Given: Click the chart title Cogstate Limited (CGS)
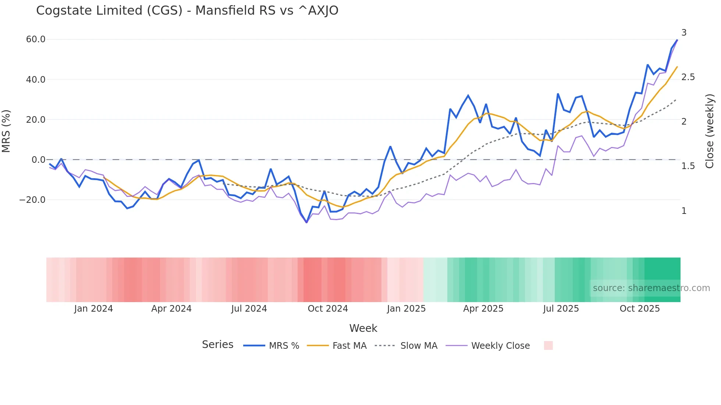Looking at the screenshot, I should tap(187, 11).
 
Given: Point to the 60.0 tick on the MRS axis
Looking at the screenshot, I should tap(36, 39).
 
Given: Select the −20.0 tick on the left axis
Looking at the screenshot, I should tap(33, 200).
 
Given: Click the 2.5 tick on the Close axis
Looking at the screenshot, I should tap(688, 77).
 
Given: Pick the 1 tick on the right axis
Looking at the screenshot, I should tap(684, 211).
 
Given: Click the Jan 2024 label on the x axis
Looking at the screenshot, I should tap(93, 309).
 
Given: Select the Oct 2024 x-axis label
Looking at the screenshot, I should tap(328, 309).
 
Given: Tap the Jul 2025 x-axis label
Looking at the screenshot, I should tap(561, 309).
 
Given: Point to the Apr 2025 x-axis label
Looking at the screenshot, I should tap(483, 309).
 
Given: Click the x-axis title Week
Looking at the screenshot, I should tap(363, 328).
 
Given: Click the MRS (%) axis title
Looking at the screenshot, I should tap(6, 131).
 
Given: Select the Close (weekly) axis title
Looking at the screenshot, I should tap(710, 131).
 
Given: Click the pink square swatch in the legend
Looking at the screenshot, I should tap(548, 345).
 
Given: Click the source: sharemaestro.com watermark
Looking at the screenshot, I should tap(651, 288).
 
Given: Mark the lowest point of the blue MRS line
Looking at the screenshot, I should tap(306, 222).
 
